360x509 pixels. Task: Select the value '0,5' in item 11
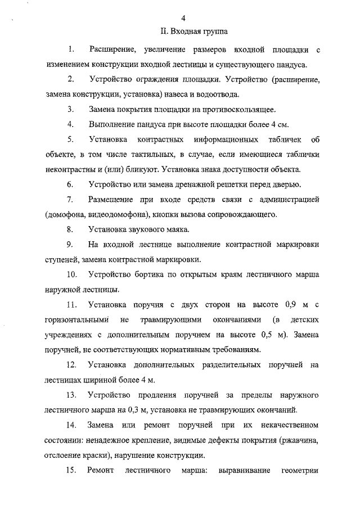tap(262, 335)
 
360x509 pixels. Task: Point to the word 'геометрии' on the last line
tap(300, 470)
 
